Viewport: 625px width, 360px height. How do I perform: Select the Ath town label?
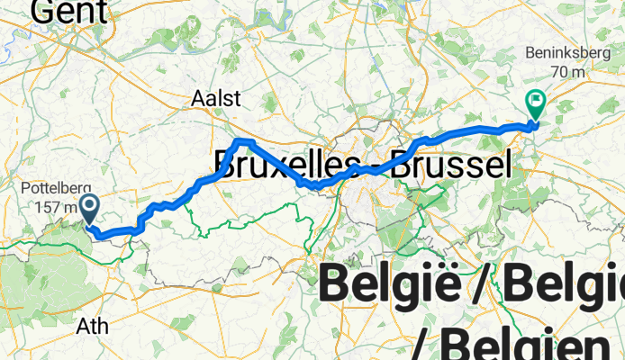click(x=93, y=324)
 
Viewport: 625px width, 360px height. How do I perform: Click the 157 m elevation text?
click(x=47, y=207)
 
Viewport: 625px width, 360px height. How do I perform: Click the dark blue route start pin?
click(x=90, y=208)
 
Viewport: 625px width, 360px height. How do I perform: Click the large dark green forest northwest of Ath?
click(x=27, y=270)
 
